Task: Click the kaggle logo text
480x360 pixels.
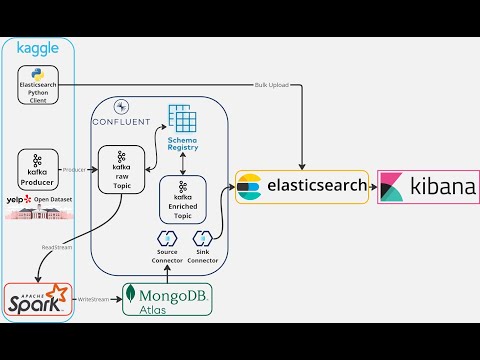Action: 37,47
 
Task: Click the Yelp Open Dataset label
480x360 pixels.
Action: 38,199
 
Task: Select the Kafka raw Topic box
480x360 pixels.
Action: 121,168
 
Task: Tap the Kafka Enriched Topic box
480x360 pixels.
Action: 183,198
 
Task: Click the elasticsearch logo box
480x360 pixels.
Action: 301,186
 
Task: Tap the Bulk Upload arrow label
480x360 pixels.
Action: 272,85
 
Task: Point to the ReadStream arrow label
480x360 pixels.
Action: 55,244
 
